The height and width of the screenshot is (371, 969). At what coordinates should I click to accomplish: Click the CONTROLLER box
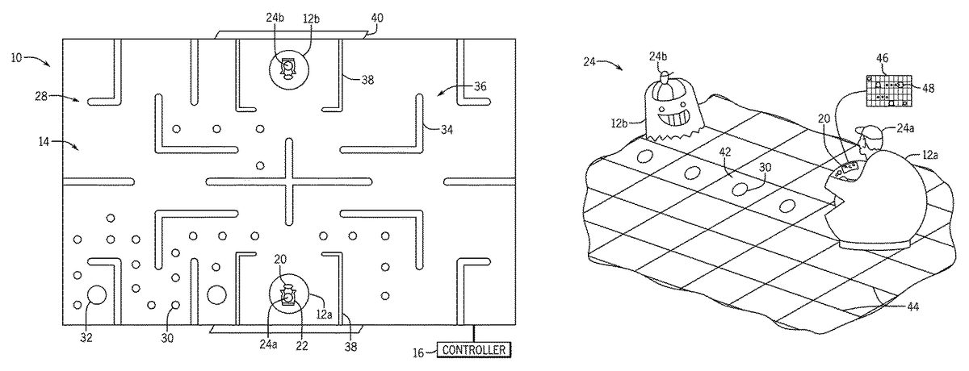point(475,349)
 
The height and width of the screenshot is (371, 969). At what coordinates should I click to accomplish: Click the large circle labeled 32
point(96,295)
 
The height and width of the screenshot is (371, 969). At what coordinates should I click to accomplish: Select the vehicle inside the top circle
point(287,70)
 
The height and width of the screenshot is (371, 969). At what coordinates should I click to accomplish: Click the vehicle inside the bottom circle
point(287,297)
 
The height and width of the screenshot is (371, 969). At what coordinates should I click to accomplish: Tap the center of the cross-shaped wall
point(288,181)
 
